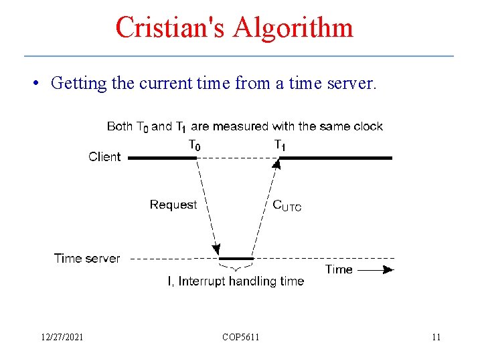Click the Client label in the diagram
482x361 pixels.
[104, 157]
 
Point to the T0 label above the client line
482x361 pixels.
[193, 144]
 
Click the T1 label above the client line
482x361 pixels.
[280, 144]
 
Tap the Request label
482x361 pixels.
[173, 205]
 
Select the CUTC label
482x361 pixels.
[287, 205]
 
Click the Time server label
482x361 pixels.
[87, 258]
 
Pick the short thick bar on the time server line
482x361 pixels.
[236, 258]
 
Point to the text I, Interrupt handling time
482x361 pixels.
[236, 281]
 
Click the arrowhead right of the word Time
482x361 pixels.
[388, 270]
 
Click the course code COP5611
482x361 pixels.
[241, 337]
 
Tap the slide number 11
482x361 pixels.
[436, 337]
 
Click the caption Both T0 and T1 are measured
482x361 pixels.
[245, 126]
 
